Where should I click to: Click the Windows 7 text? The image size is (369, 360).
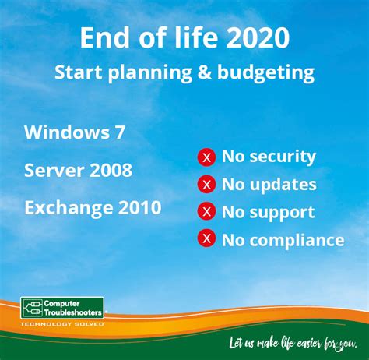(x=75, y=132)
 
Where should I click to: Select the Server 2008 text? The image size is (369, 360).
(x=78, y=170)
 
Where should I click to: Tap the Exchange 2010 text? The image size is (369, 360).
(x=93, y=208)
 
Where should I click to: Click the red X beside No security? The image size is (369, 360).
(x=206, y=157)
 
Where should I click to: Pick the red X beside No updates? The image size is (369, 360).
(x=206, y=185)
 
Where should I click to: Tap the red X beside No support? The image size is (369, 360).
(x=206, y=212)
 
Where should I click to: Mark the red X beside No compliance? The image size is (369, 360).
(x=206, y=239)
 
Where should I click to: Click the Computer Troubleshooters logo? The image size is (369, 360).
(x=61, y=308)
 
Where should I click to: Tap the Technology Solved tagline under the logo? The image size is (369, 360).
(x=61, y=323)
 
